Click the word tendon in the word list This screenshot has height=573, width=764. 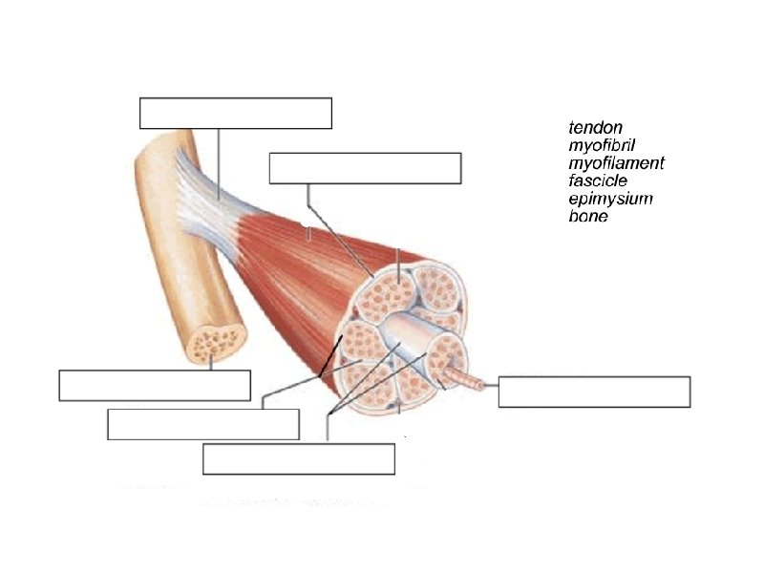pos(595,127)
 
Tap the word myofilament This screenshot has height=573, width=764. pos(616,163)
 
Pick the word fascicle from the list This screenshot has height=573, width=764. pos(598,181)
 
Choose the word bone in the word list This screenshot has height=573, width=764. pos(588,217)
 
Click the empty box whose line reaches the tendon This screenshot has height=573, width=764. pos(235,113)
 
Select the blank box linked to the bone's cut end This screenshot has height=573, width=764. pos(155,385)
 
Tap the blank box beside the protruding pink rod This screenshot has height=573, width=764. pos(594,392)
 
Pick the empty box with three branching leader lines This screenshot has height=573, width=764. pos(299,458)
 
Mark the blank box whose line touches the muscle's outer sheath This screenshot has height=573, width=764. pos(365,167)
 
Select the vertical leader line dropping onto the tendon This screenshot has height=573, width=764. pos(219,162)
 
